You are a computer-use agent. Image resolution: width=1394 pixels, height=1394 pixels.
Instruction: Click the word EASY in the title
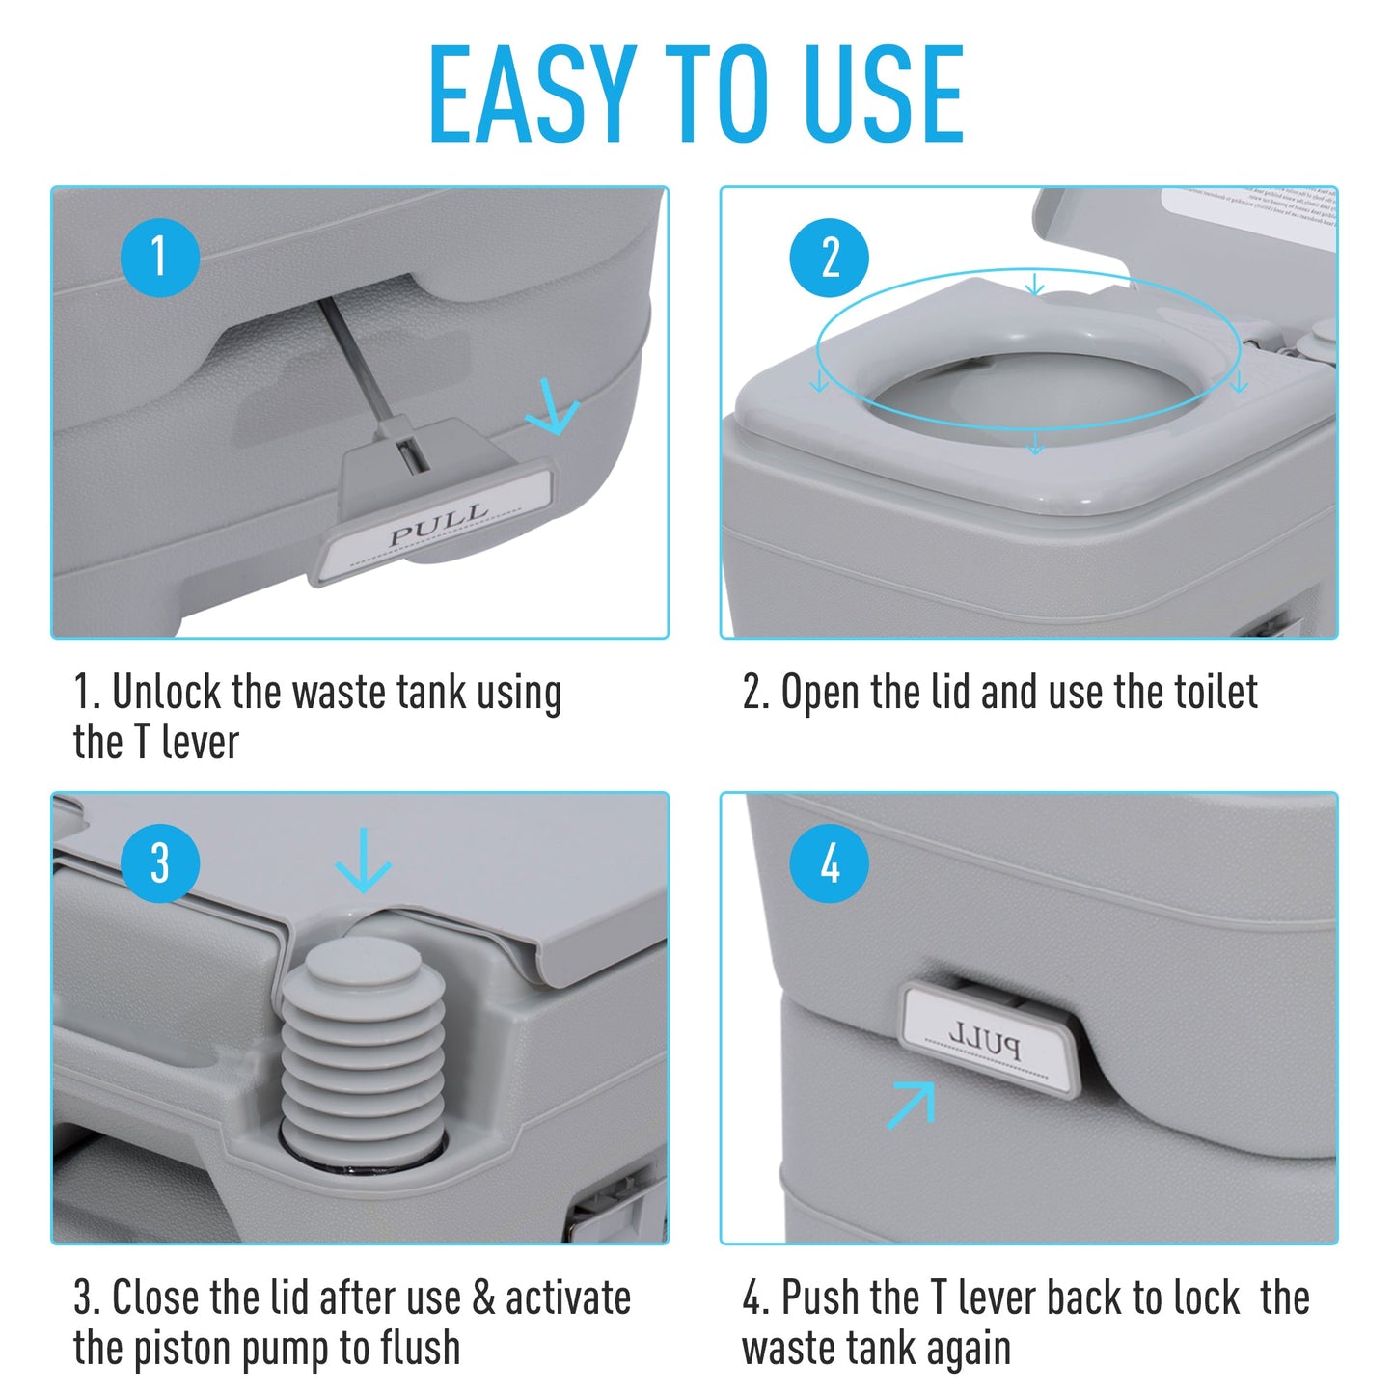coord(532,94)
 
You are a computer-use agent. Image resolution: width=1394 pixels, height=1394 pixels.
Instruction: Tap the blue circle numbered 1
coord(159,258)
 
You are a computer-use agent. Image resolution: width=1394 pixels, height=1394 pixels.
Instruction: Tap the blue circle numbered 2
coord(829,258)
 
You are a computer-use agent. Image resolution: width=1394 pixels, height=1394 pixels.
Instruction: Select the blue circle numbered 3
coord(159,862)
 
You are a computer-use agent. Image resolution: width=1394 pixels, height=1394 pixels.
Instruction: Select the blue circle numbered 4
coord(829,862)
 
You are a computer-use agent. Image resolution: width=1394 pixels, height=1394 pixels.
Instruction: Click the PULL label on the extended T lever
coord(439,524)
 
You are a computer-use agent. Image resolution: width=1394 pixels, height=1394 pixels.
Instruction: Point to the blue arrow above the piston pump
coord(363,860)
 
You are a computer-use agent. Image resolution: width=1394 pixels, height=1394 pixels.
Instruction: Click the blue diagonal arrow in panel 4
coord(912,1105)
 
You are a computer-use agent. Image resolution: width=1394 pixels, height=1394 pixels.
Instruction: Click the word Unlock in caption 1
coord(167,693)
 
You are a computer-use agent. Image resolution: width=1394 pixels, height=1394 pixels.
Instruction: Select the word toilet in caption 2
coord(1215,693)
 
